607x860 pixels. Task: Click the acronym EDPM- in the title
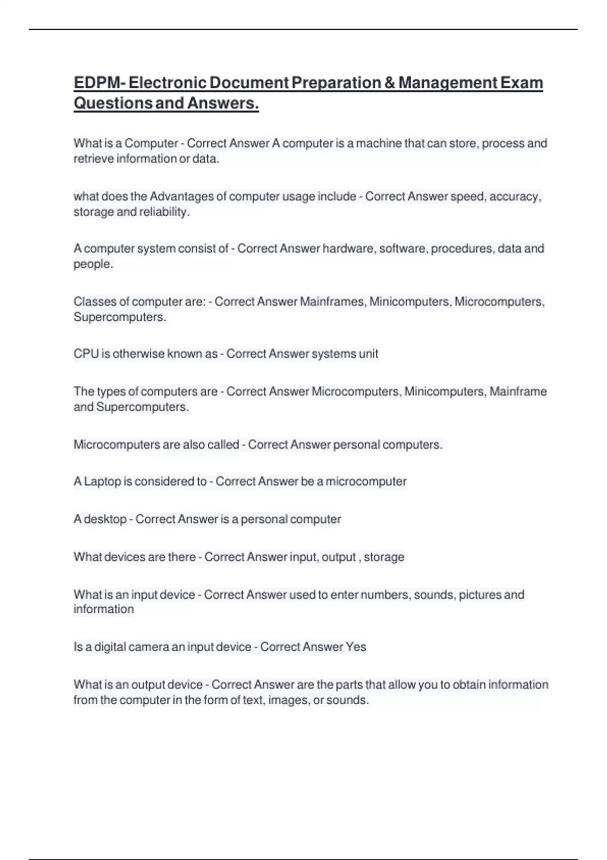tap(99, 82)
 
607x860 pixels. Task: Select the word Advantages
tap(182, 196)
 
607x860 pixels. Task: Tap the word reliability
tap(164, 212)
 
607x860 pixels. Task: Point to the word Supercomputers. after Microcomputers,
tap(120, 317)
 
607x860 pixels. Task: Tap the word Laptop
tap(103, 481)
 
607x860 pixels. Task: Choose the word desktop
tap(105, 519)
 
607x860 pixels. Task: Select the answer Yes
tap(356, 647)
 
